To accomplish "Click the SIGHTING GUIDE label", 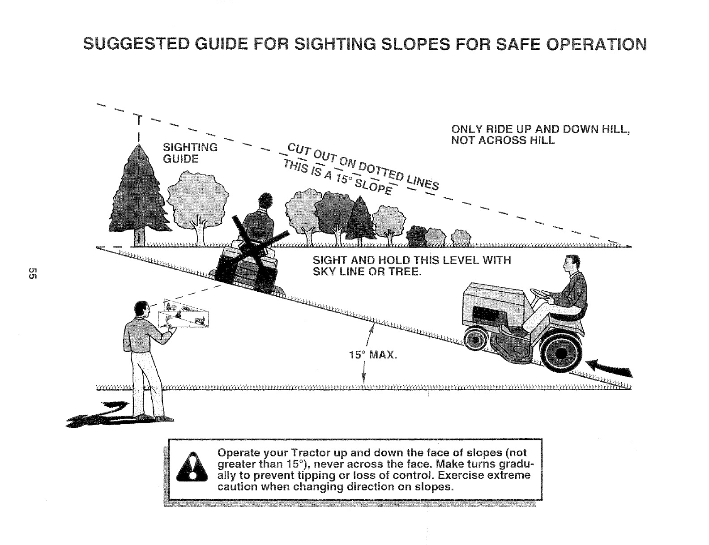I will click(x=189, y=153).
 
